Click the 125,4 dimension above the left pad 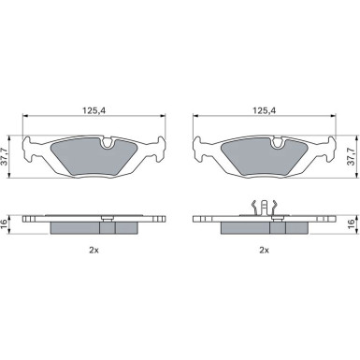(94, 109)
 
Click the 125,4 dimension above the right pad (265, 109)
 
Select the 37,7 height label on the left (4, 157)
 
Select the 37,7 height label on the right (352, 157)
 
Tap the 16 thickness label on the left (4, 223)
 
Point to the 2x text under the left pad (94, 250)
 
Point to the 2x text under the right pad (264, 250)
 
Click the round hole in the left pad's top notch (108, 143)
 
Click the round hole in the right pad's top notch (278, 143)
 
